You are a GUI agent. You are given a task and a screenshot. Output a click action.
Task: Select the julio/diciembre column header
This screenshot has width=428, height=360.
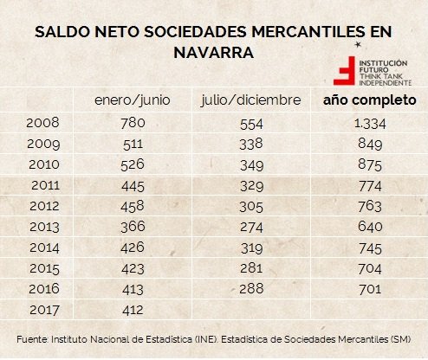pos(250,100)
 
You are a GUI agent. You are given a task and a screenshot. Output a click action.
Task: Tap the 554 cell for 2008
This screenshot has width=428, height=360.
pos(250,122)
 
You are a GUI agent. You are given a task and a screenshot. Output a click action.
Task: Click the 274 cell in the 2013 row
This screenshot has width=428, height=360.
pos(250,226)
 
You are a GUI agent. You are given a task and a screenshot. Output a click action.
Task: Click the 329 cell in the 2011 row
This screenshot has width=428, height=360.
pos(250,184)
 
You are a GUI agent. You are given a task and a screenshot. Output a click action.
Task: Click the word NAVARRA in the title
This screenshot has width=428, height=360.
pos(213,53)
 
